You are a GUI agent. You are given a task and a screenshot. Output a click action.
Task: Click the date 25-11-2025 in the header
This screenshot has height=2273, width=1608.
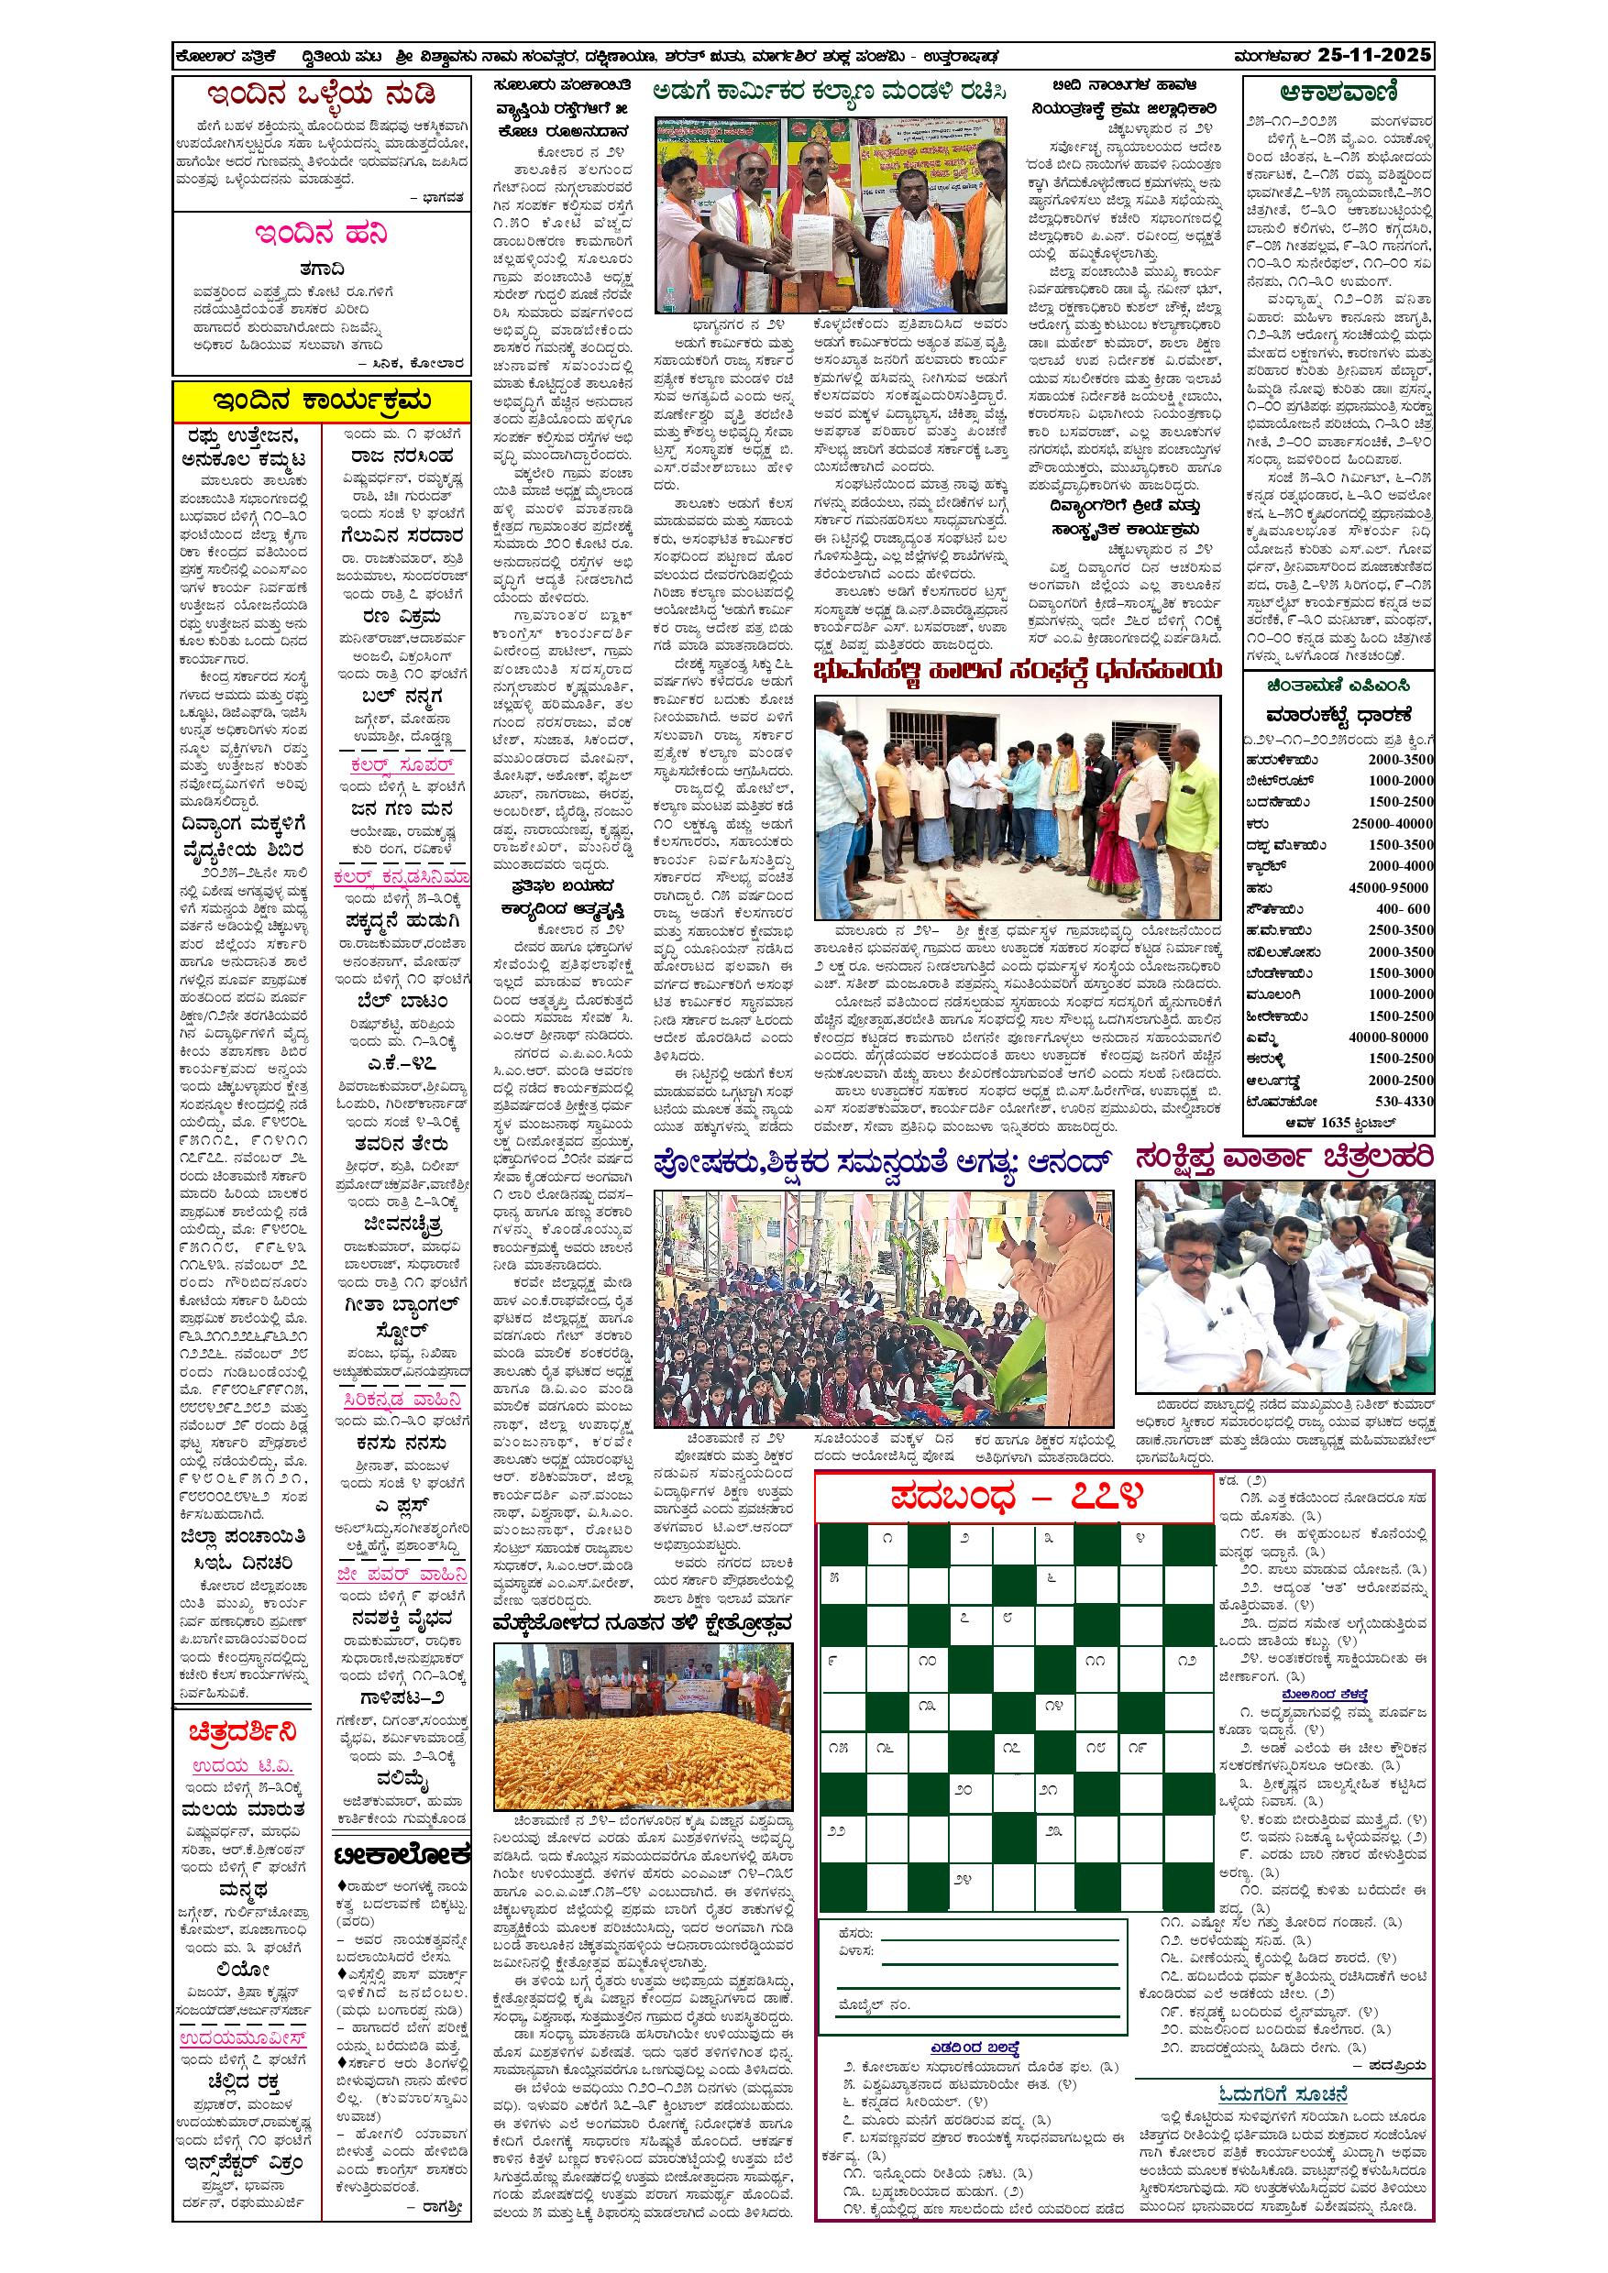(1374, 55)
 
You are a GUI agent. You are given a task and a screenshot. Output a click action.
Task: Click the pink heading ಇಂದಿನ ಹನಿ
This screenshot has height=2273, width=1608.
(321, 235)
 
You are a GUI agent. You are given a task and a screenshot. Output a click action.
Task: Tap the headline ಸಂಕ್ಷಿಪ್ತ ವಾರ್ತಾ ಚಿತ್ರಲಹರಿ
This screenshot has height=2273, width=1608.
(1284, 1159)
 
